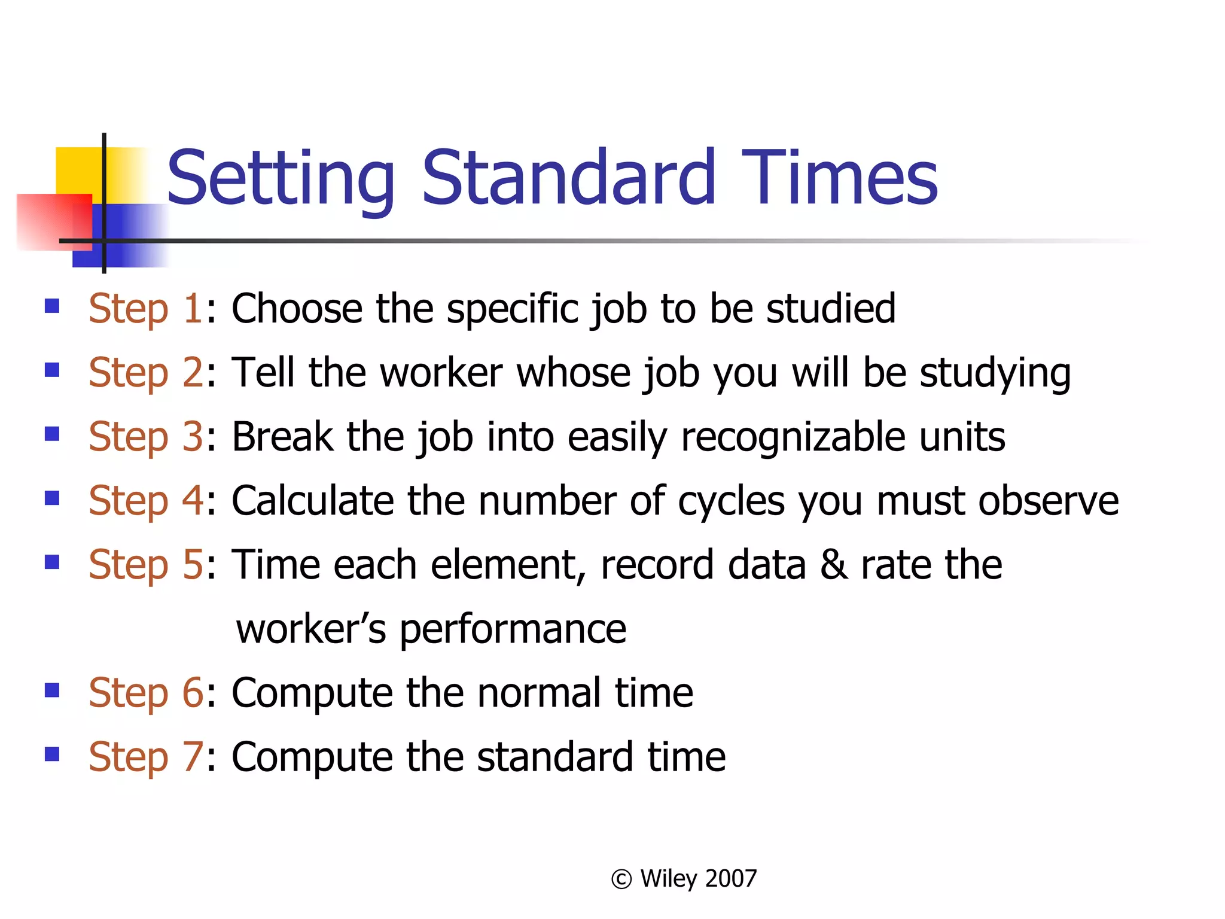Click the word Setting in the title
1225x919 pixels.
[x=280, y=178]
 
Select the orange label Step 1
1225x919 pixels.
[x=145, y=309]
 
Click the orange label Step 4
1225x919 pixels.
[x=146, y=501]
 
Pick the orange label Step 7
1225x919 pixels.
[x=146, y=757]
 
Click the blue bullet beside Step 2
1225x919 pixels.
[x=52, y=370]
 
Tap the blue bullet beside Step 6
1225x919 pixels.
[x=52, y=691]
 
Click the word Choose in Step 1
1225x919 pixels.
[x=297, y=309]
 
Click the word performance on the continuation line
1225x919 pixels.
[x=513, y=630]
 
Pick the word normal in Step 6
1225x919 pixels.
[x=539, y=693]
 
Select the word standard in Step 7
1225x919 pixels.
[x=554, y=757]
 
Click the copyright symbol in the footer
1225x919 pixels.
[x=621, y=880]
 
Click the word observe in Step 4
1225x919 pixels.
[x=1048, y=501]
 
